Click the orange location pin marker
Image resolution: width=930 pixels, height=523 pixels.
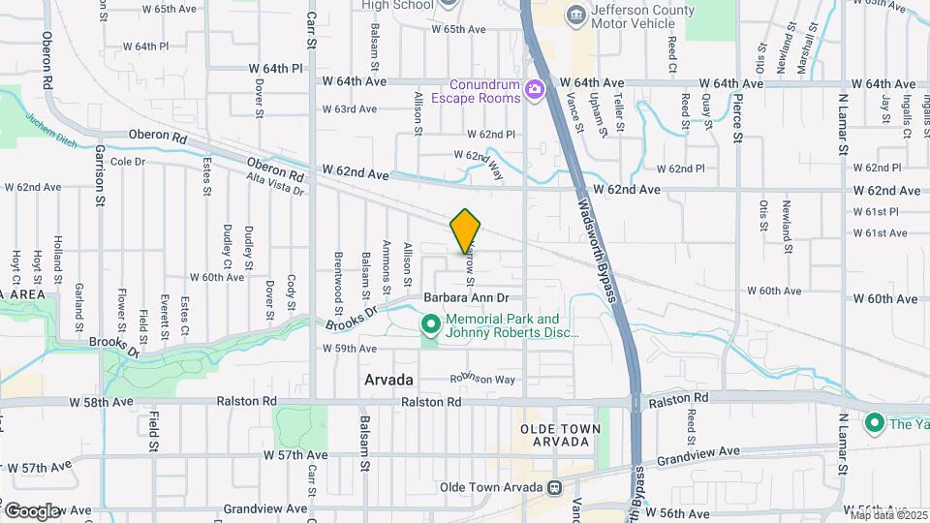click(466, 231)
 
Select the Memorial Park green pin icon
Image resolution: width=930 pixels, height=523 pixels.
click(430, 323)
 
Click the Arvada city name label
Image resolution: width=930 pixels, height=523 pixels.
click(389, 379)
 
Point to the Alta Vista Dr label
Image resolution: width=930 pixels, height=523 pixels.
click(275, 184)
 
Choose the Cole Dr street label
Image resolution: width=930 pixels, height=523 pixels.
click(128, 162)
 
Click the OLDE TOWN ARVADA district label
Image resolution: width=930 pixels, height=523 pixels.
click(554, 435)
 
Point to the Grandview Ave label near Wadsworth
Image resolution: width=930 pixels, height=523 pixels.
click(699, 451)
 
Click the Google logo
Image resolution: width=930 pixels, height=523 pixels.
click(32, 511)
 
